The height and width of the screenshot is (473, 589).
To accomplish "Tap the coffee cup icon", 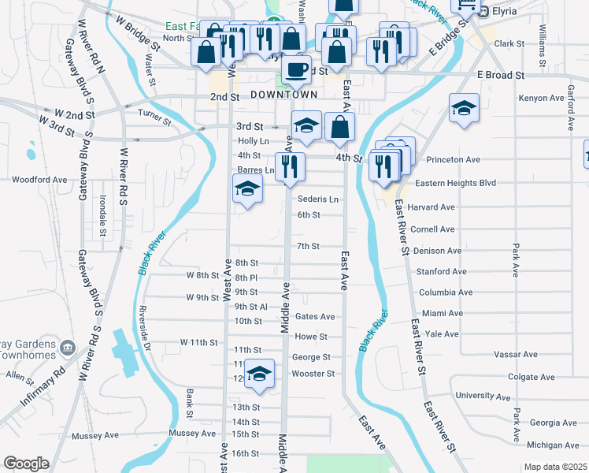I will [297, 69].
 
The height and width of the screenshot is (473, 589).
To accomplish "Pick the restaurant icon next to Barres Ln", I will [290, 166].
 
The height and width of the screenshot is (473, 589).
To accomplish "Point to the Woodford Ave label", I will [39, 180].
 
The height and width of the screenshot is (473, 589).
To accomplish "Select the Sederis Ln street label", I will [318, 199].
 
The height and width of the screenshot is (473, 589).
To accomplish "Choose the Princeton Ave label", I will [453, 159].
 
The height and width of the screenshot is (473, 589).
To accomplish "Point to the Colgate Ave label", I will [526, 377].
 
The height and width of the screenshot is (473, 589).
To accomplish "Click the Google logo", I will [25, 463].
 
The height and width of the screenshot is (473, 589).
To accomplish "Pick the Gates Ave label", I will [315, 317].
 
